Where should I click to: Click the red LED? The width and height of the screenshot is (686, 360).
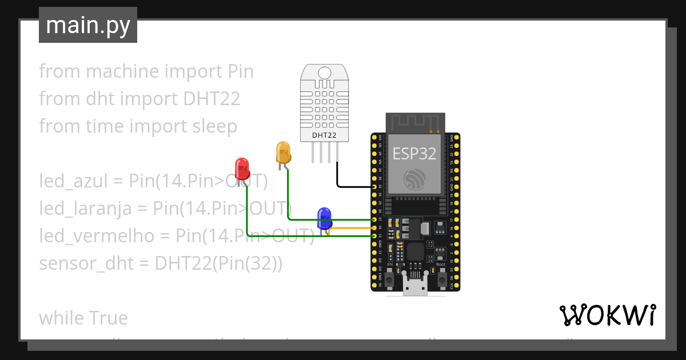tap(242, 169)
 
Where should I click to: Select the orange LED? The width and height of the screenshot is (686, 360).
tap(283, 153)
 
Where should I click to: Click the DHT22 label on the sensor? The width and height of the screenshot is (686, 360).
tap(324, 135)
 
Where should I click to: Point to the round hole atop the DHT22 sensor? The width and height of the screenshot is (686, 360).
tap(324, 73)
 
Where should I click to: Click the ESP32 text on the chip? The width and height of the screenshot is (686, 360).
tap(414, 153)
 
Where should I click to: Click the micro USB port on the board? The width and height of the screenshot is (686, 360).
tap(415, 286)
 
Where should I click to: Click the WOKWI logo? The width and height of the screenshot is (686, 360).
tap(607, 315)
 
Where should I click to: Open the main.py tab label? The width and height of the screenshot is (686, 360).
tap(87, 26)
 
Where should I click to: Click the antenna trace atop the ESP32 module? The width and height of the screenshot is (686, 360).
tap(415, 121)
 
